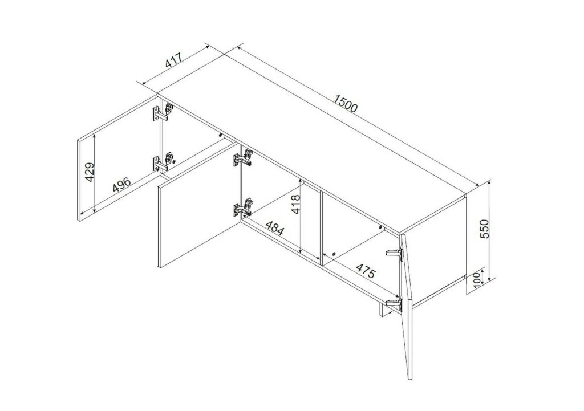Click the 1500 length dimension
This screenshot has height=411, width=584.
pos(346,104)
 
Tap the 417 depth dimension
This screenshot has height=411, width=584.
pos(173,60)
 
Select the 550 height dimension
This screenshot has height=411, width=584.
pos(485,229)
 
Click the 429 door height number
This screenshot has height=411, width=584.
pos(90,172)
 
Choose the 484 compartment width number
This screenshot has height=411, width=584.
pos(274,227)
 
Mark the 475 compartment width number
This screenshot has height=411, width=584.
pos(365,271)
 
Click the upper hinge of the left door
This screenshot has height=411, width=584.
pos(163,112)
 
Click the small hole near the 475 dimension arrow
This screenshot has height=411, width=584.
pos(333,254)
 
